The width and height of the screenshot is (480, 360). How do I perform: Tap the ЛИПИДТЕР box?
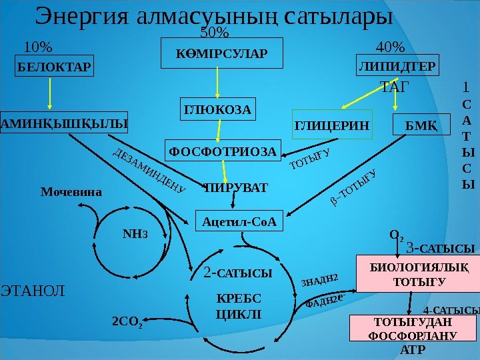click(399, 67)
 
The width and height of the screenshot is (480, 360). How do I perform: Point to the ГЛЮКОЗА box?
click(219, 109)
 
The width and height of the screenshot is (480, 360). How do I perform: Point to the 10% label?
click(37, 47)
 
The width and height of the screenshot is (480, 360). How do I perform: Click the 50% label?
click(215, 33)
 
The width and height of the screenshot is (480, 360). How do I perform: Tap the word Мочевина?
click(71, 192)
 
